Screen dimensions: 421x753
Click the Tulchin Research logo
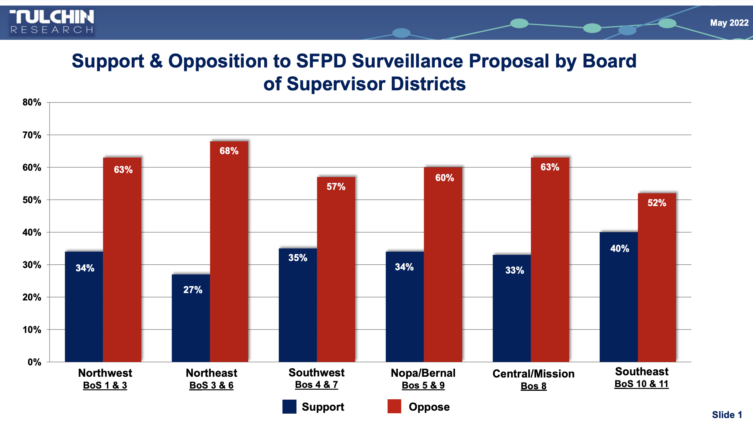pos(52,22)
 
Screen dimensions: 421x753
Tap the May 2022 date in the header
pos(729,23)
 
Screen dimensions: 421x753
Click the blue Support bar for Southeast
pos(618,302)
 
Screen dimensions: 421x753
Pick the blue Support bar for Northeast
pos(191,321)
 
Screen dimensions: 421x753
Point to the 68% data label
pos(229,151)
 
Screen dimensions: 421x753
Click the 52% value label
pos(657,203)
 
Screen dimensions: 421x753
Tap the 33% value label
pos(514,270)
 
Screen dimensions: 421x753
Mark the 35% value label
pos(298,258)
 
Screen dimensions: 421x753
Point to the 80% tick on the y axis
pos(32,102)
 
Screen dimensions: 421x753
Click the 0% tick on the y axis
pos(34,362)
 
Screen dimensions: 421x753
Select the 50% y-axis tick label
pos(32,200)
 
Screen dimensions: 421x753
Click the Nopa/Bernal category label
pos(423,373)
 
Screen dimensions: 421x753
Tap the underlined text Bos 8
pos(533,386)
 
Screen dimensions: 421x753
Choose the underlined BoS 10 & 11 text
pos(641,384)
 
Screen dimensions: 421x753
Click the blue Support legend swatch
pos(289,407)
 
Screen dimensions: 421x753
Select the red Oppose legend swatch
pos(394,406)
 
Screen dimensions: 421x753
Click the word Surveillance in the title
pos(407,61)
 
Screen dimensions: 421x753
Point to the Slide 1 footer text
pos(726,415)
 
